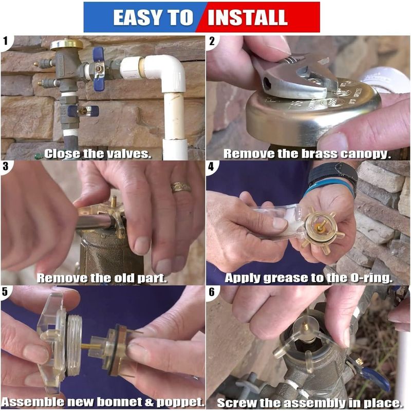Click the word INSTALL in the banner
pos(248,17)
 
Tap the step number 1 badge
pos(5,42)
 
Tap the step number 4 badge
pos(211,166)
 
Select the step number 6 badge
pos(212,292)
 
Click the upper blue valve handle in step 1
pos(99,69)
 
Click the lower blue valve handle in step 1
pos(83,111)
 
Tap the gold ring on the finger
pos(181,187)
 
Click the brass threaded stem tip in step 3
pos(114,201)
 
